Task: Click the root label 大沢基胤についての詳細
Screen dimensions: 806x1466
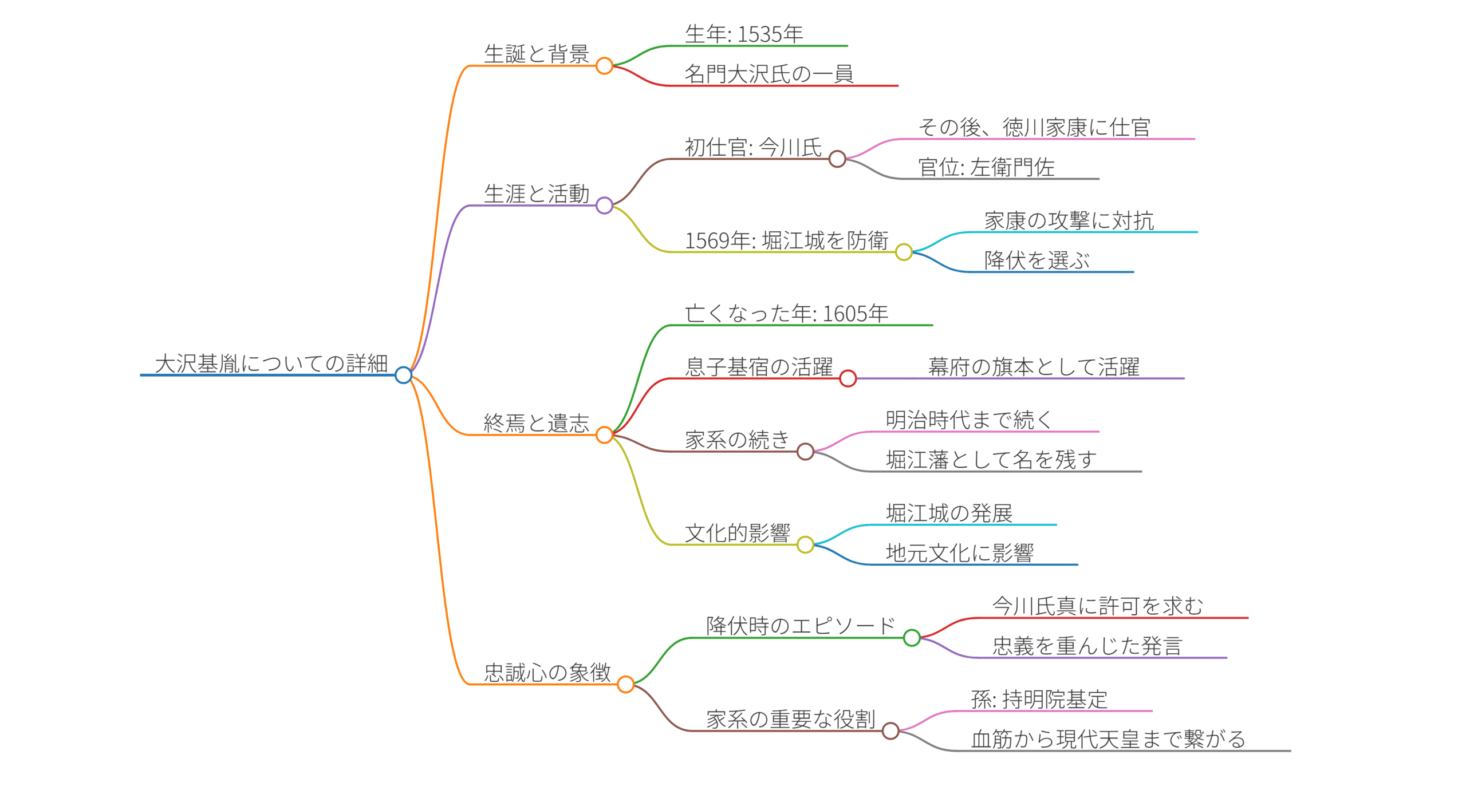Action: [x=271, y=364]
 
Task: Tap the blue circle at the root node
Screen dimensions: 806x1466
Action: [x=403, y=375]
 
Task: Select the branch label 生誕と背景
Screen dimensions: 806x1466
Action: [x=537, y=54]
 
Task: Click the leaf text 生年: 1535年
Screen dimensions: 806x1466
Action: [x=744, y=34]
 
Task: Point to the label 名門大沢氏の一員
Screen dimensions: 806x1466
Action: [x=769, y=74]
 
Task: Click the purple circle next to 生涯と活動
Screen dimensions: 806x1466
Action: [x=604, y=206]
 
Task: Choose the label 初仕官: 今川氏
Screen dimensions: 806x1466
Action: [x=753, y=147]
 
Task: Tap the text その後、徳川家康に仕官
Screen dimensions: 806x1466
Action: [x=1034, y=127]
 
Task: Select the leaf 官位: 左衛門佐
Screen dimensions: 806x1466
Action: [x=986, y=167]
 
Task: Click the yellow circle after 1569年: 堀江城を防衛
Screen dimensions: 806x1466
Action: [x=904, y=252]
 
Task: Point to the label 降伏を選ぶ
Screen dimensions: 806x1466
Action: [x=1037, y=260]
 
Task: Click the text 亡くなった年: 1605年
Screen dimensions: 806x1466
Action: [x=786, y=314]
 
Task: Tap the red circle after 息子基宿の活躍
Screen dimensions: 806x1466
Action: [x=848, y=378]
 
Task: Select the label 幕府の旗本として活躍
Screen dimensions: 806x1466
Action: [x=1034, y=367]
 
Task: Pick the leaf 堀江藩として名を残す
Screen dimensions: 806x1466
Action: [x=991, y=460]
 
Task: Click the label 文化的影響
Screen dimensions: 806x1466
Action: [x=738, y=533]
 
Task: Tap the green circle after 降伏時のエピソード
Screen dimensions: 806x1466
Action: [x=912, y=638]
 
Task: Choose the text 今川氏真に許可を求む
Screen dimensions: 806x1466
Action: [x=1097, y=606]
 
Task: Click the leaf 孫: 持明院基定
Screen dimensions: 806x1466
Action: [x=1039, y=700]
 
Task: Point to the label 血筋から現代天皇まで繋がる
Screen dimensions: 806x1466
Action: [x=1108, y=739]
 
